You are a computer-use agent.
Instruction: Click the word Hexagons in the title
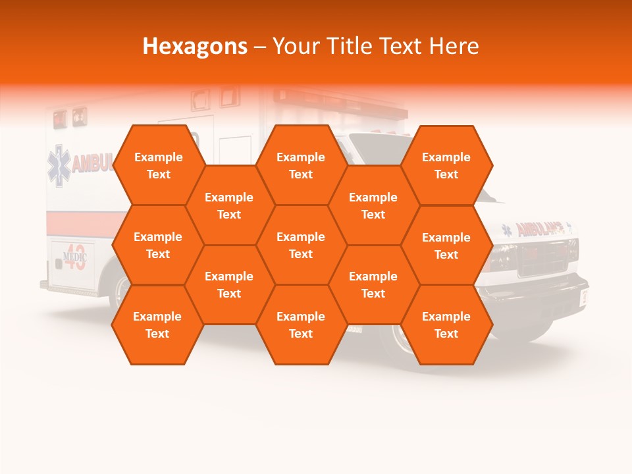pos(195,46)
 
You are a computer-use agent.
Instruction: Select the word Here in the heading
pos(454,46)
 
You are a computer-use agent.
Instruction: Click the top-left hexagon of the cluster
pos(159,165)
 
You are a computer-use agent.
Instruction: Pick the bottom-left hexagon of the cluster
pos(157,325)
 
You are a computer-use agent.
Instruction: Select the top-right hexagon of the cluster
pos(446,165)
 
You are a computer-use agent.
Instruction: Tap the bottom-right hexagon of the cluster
pos(446,325)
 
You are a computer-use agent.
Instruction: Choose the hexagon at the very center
pos(301,245)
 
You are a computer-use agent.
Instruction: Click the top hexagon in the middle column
pos(301,165)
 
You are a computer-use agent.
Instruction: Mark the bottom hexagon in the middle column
pos(301,325)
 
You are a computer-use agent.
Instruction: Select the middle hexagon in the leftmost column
pos(158,245)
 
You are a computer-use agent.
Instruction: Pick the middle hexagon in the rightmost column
pos(446,246)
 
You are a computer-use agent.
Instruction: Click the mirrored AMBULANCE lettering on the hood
pos(540,229)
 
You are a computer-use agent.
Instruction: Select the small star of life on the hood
pos(507,230)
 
